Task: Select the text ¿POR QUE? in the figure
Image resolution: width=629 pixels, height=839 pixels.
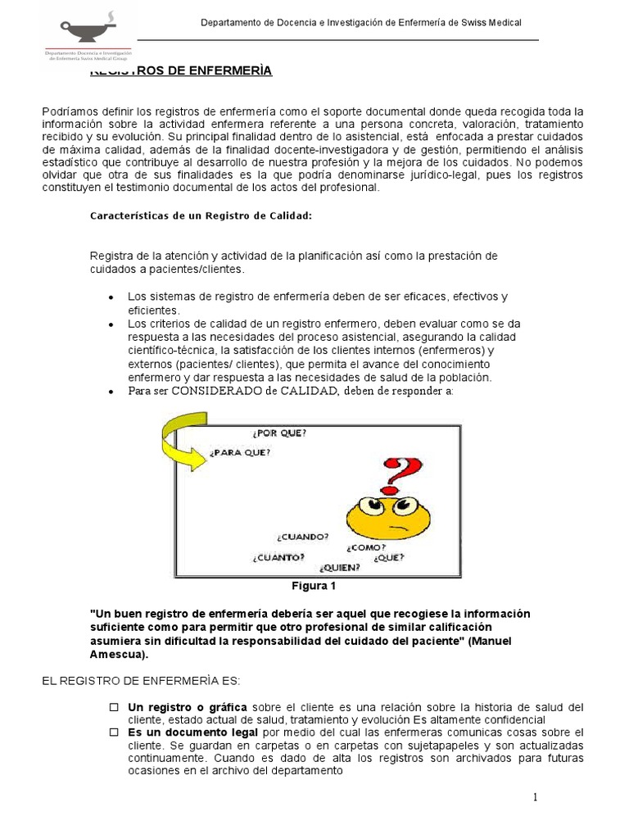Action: [x=279, y=433]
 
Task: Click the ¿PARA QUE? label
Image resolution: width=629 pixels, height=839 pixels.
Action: [x=240, y=452]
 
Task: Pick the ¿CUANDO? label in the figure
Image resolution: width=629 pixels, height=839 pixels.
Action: [x=303, y=537]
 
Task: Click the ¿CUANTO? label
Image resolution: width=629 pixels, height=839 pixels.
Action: [x=278, y=557]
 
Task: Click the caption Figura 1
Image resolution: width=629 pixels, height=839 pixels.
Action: [x=314, y=586]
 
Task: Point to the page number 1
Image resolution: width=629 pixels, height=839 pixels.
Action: [x=536, y=798]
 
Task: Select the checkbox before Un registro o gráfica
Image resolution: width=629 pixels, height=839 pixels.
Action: [x=115, y=706]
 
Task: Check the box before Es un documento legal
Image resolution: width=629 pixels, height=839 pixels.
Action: [x=115, y=732]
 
